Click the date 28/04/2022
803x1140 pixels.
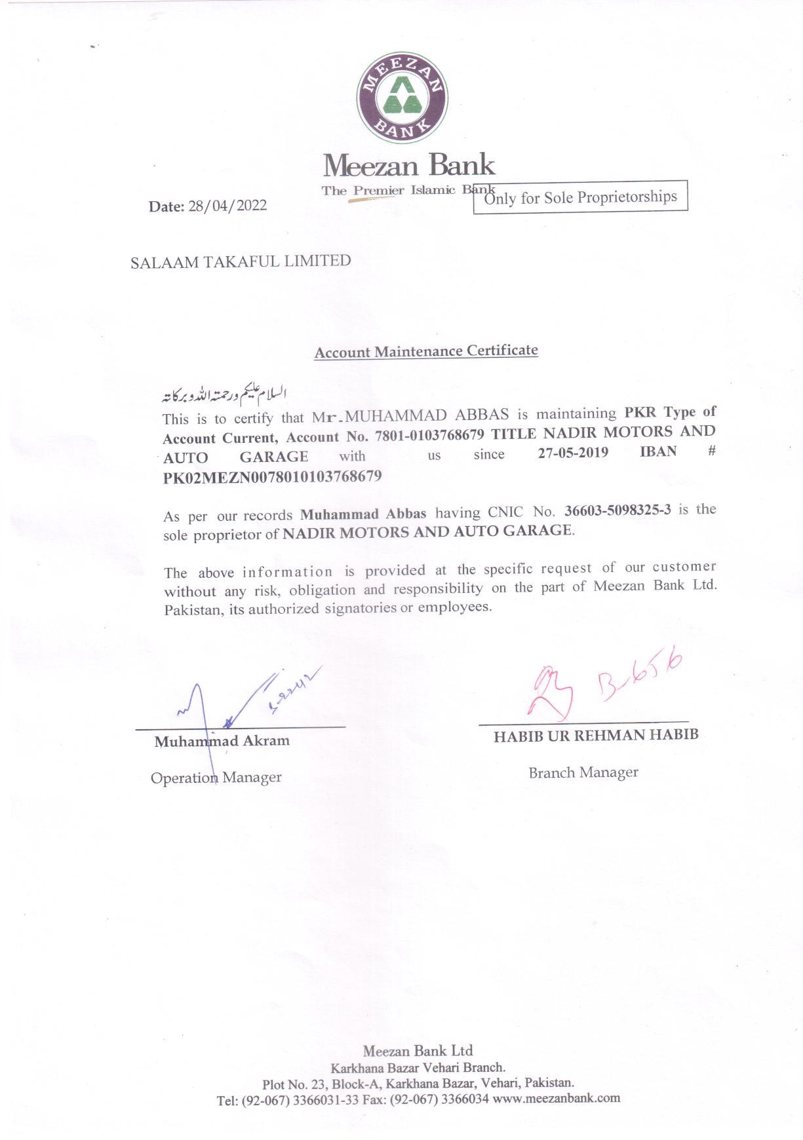coord(227,206)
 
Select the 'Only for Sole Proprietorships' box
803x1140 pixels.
coord(580,197)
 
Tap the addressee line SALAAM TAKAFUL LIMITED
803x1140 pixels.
coord(241,261)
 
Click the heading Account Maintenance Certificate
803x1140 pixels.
coord(426,351)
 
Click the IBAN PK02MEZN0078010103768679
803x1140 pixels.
coord(272,476)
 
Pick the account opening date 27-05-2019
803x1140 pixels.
coord(573,453)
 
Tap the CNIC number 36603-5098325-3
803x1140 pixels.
coord(617,510)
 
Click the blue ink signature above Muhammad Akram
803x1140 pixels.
coord(243,704)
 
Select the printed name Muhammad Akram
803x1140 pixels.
coord(222,741)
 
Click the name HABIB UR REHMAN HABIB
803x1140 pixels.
coord(596,735)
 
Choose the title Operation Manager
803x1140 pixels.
coord(216,778)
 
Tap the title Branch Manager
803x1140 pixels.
coord(583,772)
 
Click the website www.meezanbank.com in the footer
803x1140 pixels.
coord(556,1097)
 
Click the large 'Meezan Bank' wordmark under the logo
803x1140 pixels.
coord(408,165)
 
